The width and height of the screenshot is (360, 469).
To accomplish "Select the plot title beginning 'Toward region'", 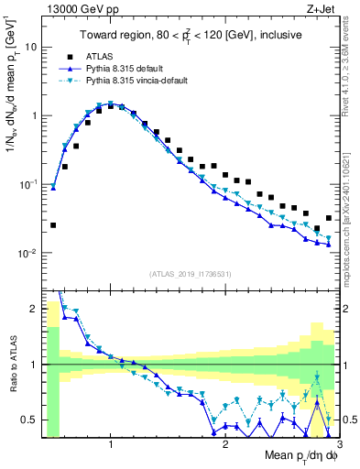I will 190,36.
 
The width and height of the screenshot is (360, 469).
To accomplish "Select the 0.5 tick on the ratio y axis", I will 31,420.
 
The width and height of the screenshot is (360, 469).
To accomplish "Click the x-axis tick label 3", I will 339,444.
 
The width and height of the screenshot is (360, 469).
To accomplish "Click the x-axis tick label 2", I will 225,444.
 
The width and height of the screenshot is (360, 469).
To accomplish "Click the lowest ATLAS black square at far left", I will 53,224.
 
